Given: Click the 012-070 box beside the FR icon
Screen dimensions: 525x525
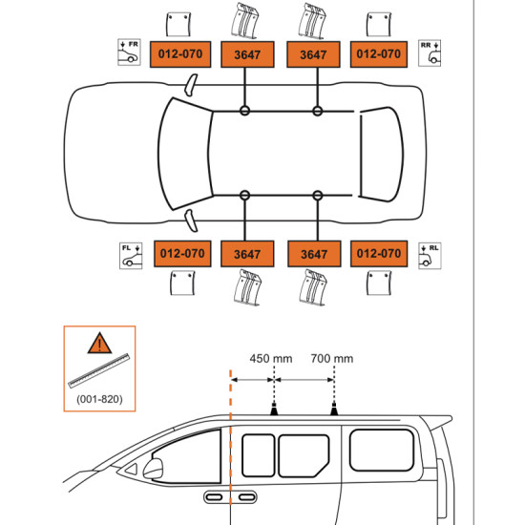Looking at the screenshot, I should click(180, 54).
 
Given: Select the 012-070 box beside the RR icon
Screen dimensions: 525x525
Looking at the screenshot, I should click(378, 54).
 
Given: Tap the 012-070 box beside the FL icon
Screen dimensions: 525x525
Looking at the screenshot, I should click(180, 254).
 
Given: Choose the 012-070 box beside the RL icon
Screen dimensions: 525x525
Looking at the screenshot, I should click(378, 254).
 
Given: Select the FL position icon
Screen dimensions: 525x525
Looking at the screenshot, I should click(129, 255).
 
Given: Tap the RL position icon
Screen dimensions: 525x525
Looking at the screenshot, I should click(430, 255).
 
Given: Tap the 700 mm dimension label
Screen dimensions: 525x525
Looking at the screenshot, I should click(331, 359).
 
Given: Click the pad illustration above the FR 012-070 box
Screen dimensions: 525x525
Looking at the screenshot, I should click(179, 25).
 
